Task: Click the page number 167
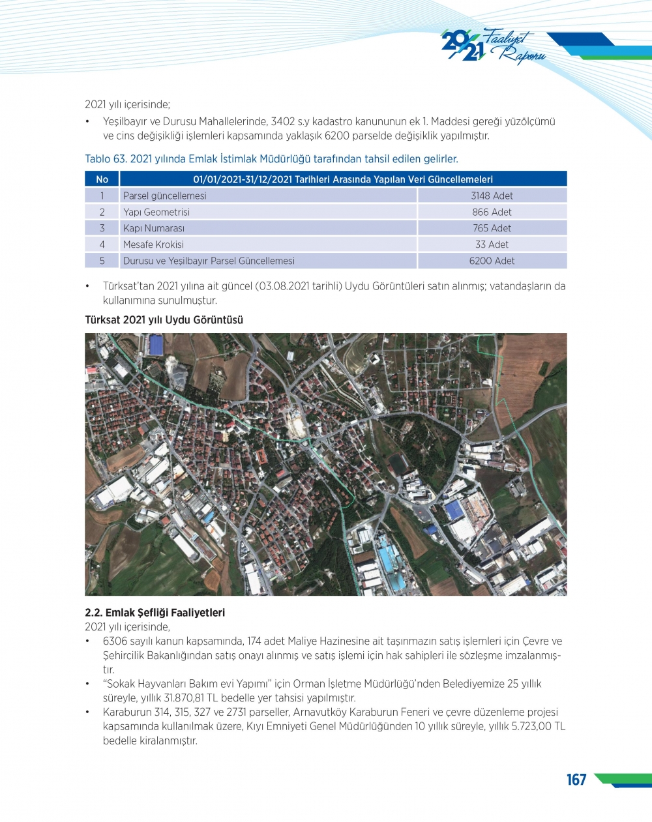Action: (576, 780)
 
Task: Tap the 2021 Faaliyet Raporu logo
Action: (493, 46)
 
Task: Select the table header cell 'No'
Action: (102, 179)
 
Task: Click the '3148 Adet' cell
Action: (492, 196)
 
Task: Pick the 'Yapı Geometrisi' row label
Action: (156, 212)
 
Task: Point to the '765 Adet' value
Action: (492, 228)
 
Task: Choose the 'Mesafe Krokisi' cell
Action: (153, 244)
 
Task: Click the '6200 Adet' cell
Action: (492, 261)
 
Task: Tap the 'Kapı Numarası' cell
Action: (154, 228)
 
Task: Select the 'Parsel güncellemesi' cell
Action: (164, 196)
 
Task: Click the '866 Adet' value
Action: (492, 212)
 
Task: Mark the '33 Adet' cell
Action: (492, 244)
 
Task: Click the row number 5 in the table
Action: (102, 261)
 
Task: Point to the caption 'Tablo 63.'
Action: (106, 159)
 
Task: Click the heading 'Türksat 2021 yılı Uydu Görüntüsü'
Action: (164, 320)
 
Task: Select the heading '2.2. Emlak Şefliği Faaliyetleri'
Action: (155, 613)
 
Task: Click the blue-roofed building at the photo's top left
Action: (156, 345)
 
